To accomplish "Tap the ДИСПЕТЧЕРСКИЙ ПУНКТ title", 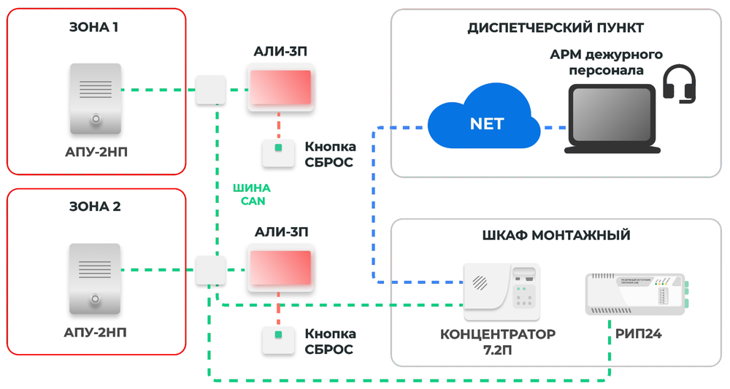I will (x=556, y=28).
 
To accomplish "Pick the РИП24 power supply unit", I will (x=636, y=293).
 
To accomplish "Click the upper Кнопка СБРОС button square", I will (x=278, y=150).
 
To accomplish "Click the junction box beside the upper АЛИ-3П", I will (x=210, y=90).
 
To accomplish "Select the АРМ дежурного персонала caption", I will (x=606, y=63).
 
